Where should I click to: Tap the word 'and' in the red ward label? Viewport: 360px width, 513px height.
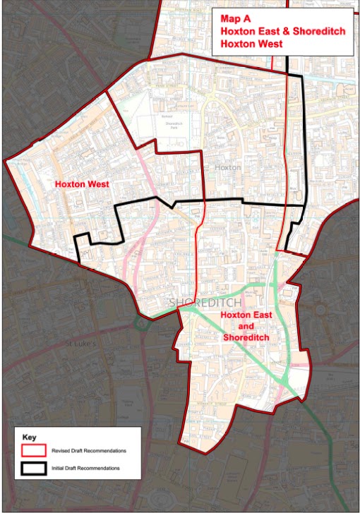coord(246,327)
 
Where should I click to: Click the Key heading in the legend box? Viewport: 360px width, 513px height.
coord(30,437)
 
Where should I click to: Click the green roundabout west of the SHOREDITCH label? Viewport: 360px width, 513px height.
coord(150,315)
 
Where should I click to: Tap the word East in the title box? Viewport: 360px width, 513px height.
coord(256,31)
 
